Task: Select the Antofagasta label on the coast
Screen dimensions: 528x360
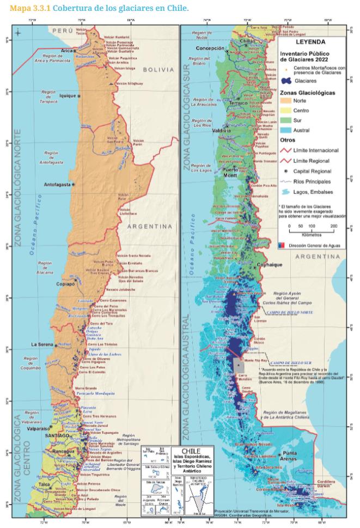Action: point(57,184)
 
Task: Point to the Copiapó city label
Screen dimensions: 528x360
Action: point(65,284)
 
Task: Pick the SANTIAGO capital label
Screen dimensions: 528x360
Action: point(57,435)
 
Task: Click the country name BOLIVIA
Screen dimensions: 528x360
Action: point(157,69)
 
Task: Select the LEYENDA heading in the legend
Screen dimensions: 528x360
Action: point(310,41)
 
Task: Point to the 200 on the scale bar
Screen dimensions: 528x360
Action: point(333,225)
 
